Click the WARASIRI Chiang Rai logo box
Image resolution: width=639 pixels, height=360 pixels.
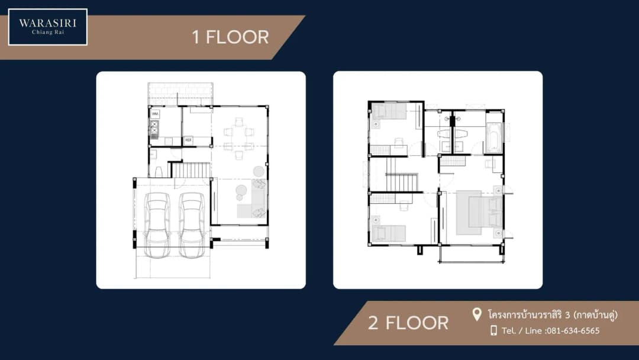(48, 27)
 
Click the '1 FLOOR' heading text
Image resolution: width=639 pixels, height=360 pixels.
(230, 37)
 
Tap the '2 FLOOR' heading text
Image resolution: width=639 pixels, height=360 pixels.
(408, 323)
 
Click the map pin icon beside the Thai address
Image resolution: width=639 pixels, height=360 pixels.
(476, 314)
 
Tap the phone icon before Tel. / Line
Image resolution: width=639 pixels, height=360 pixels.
(493, 330)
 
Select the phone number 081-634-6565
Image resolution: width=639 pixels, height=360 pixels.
(573, 330)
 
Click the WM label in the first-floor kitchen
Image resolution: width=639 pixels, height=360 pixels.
(155, 114)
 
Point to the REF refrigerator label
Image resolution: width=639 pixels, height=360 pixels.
(188, 140)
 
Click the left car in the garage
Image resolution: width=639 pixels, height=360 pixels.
(157, 224)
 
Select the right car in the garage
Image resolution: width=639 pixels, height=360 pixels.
(192, 224)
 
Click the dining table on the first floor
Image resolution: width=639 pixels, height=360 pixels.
(239, 138)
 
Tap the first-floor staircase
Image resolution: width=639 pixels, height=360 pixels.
(189, 169)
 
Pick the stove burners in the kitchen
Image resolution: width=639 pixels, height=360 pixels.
(154, 127)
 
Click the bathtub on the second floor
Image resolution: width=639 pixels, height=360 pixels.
(494, 138)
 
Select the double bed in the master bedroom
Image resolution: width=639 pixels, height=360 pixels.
(479, 213)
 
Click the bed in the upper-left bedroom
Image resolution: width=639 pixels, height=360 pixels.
(389, 111)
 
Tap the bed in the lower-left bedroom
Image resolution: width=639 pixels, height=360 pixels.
(388, 233)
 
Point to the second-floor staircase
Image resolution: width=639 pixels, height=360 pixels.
(401, 182)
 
